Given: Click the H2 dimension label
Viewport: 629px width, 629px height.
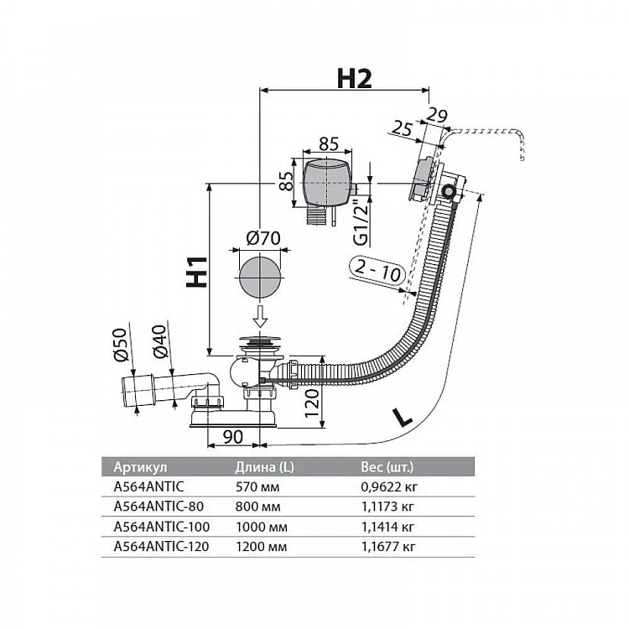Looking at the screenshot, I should pyautogui.click(x=354, y=78).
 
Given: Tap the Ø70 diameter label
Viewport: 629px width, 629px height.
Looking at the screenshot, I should pyautogui.click(x=263, y=239).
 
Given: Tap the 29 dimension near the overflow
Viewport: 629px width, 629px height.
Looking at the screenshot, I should pyautogui.click(x=437, y=114).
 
